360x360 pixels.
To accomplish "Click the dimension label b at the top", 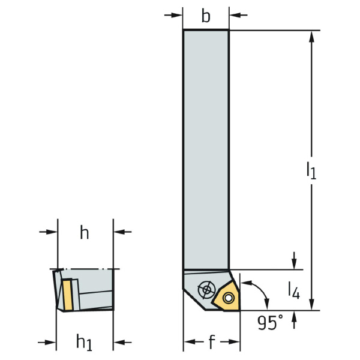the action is tap(206, 16).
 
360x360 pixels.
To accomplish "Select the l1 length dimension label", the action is tap(311, 170).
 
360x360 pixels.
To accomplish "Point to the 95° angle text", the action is tap(270, 323).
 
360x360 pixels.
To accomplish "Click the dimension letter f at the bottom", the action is tap(212, 341).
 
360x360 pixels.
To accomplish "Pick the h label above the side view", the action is tap(84, 232).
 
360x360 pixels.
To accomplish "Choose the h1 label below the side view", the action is tap(84, 343).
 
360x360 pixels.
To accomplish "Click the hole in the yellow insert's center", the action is tap(228, 298).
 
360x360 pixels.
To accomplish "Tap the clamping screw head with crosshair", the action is tap(206, 290).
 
